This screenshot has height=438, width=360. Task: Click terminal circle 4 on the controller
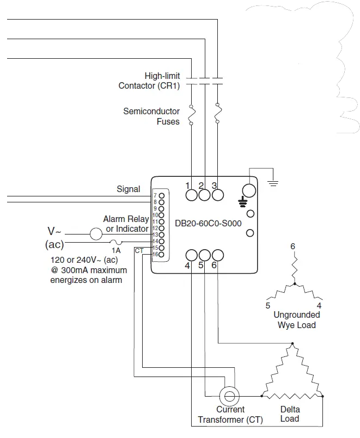click(x=191, y=255)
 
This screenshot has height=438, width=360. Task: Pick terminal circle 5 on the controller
click(x=204, y=255)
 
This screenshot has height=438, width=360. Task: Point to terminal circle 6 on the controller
click(x=217, y=255)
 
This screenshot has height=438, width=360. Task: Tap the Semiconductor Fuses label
click(x=151, y=116)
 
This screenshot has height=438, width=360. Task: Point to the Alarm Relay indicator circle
click(x=96, y=234)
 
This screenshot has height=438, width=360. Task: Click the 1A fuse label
click(x=116, y=250)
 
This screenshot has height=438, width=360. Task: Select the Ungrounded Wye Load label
click(x=297, y=320)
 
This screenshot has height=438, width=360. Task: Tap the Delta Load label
click(x=290, y=414)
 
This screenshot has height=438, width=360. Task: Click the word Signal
click(x=129, y=189)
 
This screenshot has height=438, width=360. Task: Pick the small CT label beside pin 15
click(x=139, y=250)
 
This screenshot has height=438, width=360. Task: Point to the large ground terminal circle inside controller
click(x=248, y=190)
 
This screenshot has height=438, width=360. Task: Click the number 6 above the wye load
click(x=292, y=246)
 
